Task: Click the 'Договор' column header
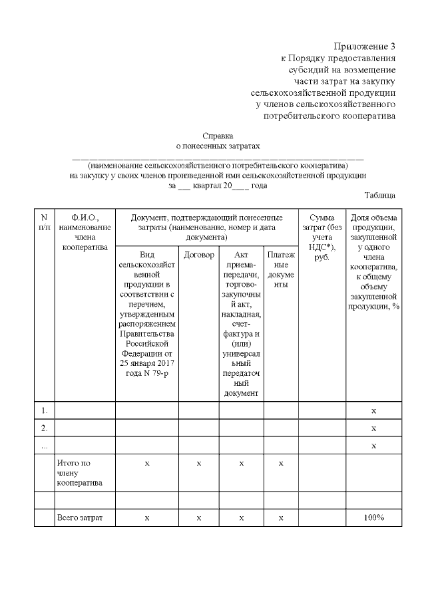[x=198, y=255]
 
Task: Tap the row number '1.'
[x=44, y=411]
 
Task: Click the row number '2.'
[x=44, y=428]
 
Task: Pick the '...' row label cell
[x=44, y=445]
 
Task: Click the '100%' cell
[x=373, y=518]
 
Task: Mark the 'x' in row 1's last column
[x=373, y=411]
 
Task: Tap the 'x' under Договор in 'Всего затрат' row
[x=198, y=518]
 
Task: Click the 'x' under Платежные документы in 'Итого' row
[x=281, y=463]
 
